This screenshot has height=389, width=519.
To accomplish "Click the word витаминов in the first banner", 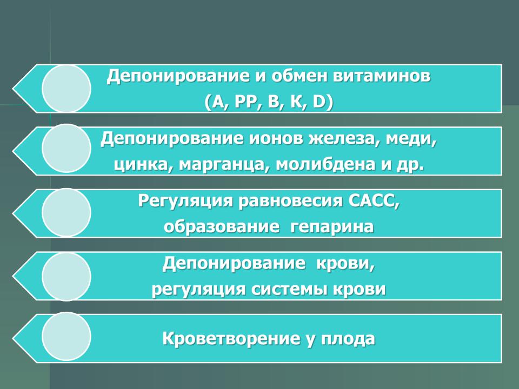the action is click(382, 76).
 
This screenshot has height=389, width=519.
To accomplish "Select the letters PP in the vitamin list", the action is click(245, 103).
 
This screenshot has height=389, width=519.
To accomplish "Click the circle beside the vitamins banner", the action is click(66, 88).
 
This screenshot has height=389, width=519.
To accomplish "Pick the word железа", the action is click(344, 139).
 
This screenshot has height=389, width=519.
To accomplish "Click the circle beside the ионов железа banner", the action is click(66, 148).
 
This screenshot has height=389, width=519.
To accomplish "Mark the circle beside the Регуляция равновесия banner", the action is click(66, 212).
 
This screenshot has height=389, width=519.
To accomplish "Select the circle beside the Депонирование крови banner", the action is click(66, 277).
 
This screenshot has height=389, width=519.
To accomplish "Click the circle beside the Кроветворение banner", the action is click(66, 336).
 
